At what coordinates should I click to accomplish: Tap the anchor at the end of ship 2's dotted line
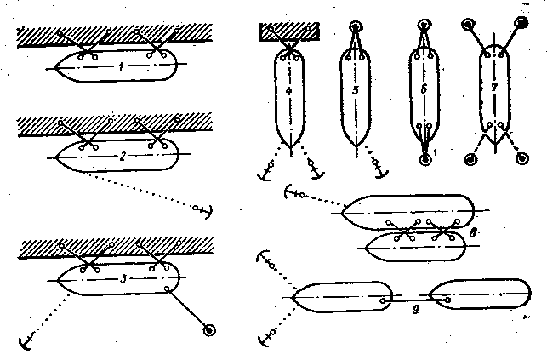205,209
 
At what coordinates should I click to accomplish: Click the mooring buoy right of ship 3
209,329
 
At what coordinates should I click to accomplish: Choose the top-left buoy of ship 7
468,25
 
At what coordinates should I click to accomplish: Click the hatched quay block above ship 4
289,32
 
